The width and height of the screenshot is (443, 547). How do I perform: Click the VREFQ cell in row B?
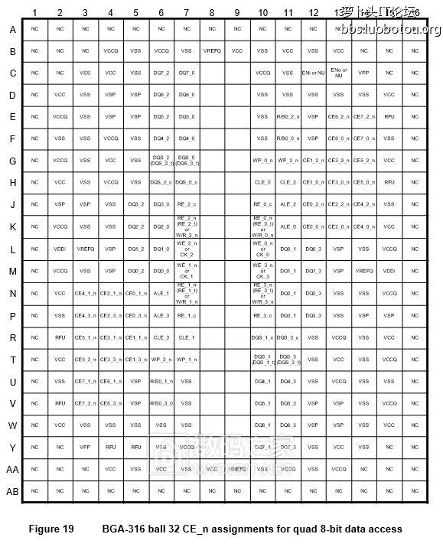pyautogui.click(x=212, y=50)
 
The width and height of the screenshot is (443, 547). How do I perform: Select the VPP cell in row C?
pyautogui.click(x=363, y=73)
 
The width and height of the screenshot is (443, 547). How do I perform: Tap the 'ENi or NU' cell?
pyautogui.click(x=312, y=73)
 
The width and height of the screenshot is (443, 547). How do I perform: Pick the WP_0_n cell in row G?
pyautogui.click(x=262, y=161)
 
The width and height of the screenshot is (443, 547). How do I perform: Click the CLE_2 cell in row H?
pyautogui.click(x=288, y=183)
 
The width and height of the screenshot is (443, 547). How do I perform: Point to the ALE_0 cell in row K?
pyautogui.click(x=288, y=226)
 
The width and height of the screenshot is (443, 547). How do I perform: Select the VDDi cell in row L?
pyautogui.click(x=60, y=249)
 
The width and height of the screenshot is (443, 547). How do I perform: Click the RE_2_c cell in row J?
pyautogui.click(x=186, y=205)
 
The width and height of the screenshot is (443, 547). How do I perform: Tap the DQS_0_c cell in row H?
pyautogui.click(x=186, y=183)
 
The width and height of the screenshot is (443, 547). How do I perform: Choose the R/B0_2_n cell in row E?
pyautogui.click(x=288, y=117)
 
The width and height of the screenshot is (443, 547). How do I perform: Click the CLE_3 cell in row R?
pyautogui.click(x=161, y=337)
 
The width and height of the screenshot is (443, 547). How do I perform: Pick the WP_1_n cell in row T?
pyautogui.click(x=186, y=359)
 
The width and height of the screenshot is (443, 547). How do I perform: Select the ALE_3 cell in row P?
pyautogui.click(x=161, y=315)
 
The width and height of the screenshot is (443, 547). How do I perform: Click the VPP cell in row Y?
pyautogui.click(x=85, y=447)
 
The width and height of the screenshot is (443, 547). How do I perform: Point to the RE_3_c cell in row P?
pyautogui.click(x=262, y=315)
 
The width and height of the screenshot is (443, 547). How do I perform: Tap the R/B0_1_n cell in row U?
pyautogui.click(x=161, y=381)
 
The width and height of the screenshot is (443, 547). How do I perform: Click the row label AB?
pyautogui.click(x=13, y=491)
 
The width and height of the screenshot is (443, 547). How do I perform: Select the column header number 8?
pyautogui.click(x=211, y=12)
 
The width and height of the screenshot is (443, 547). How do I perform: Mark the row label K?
pyautogui.click(x=13, y=227)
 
